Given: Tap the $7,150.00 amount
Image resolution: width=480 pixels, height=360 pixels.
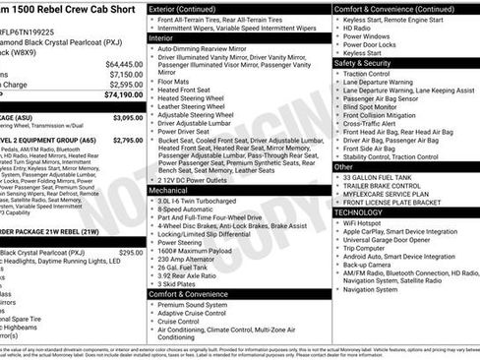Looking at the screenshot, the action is tap(125, 74).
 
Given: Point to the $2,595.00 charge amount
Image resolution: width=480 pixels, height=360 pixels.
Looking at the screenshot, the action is tap(125, 85).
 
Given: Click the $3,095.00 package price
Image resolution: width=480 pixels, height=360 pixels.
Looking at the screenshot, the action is tap(127, 117).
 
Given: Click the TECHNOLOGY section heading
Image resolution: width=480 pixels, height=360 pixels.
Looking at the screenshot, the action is tap(359, 211).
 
